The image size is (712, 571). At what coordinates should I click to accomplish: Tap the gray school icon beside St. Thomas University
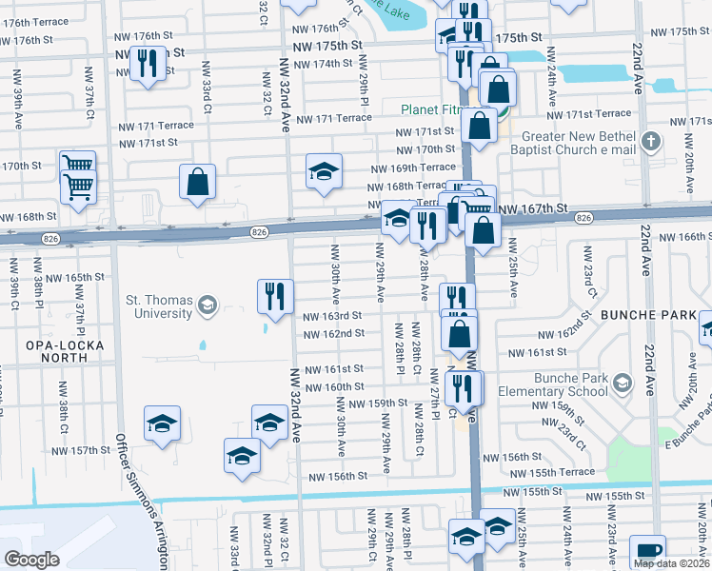click(207, 306)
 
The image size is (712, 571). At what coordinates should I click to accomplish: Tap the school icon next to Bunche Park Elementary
click(622, 383)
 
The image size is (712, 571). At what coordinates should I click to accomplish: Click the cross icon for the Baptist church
click(651, 142)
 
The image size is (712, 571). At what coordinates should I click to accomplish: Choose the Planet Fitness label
click(430, 110)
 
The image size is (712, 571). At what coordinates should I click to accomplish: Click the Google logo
click(31, 559)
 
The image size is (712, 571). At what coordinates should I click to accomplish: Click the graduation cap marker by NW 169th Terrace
click(324, 171)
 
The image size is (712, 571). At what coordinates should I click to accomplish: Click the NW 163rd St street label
click(332, 316)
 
